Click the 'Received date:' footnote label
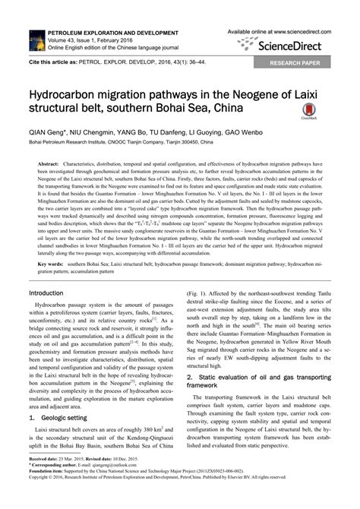[x=44, y=482]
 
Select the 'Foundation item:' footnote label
[x=46, y=494]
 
